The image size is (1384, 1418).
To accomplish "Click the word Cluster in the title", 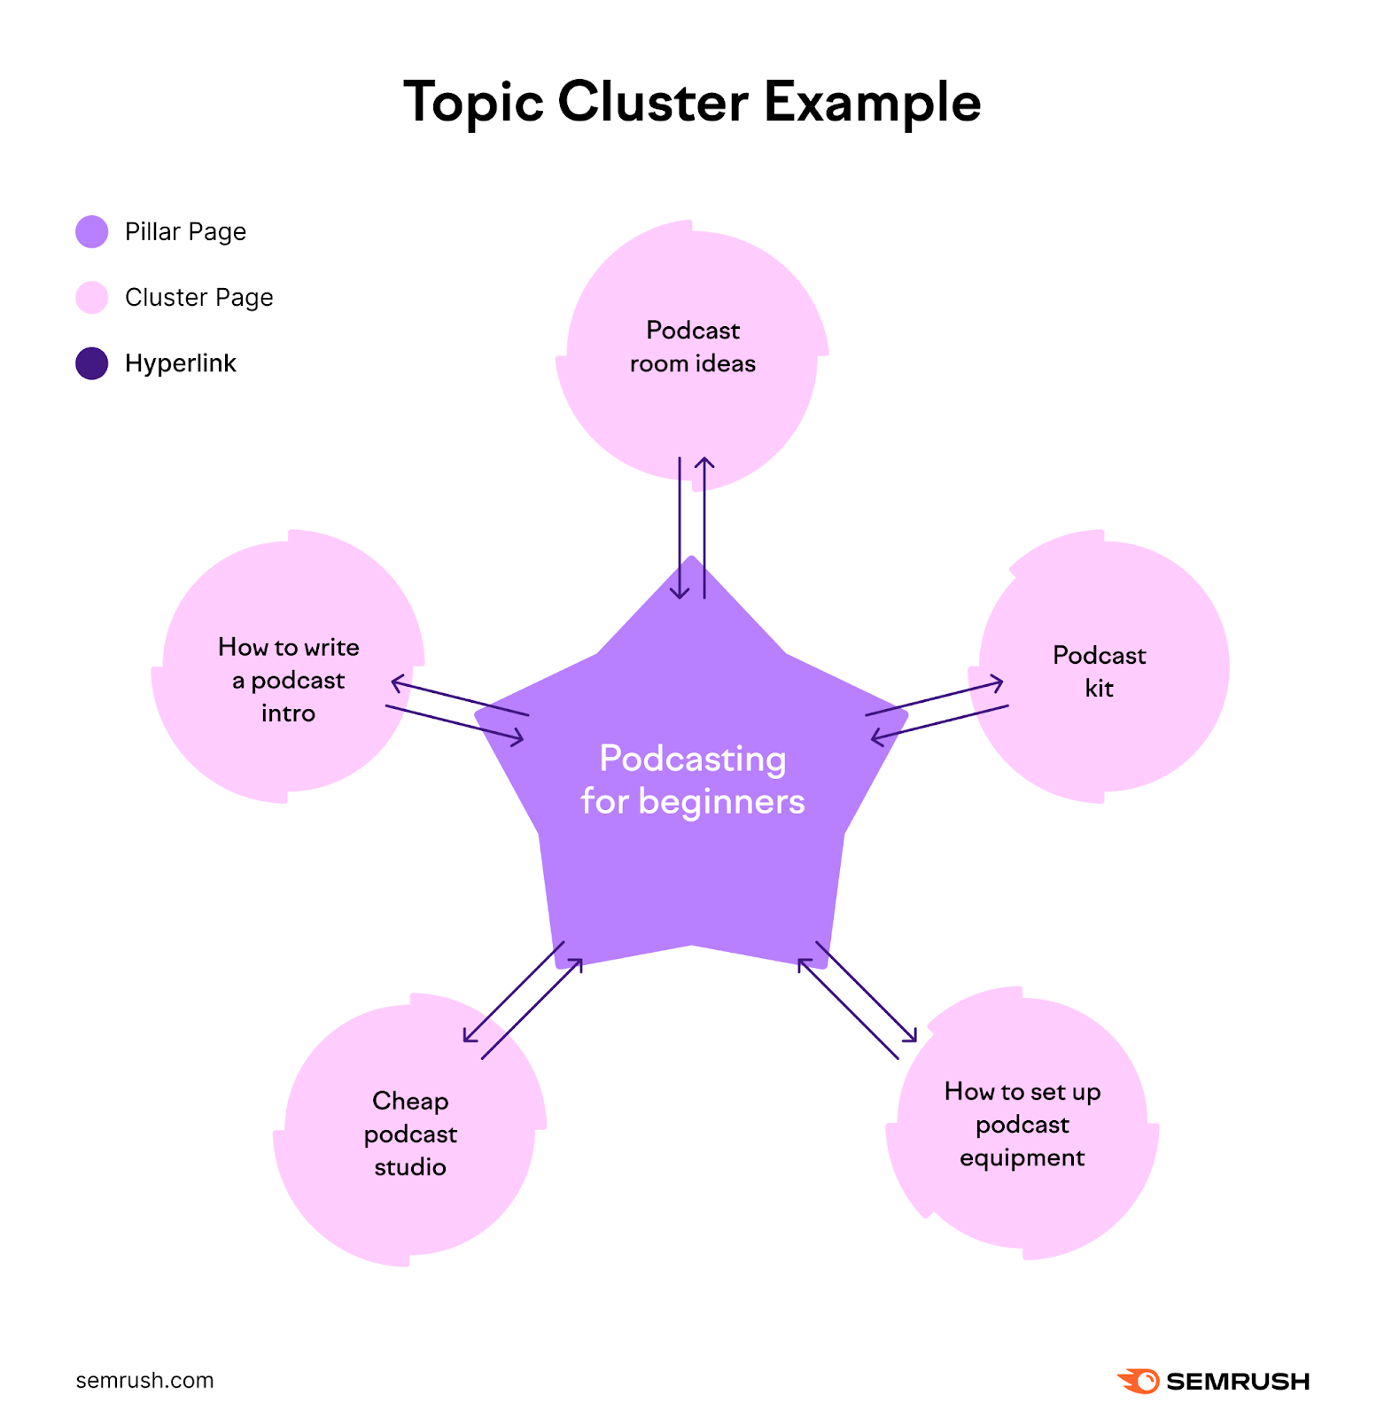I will point(652,102).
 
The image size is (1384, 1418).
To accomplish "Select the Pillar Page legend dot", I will point(91,231).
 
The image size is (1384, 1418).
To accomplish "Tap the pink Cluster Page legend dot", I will point(91,298).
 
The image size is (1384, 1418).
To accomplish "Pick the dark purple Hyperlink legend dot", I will point(91,363).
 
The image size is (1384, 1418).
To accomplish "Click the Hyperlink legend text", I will point(180,363).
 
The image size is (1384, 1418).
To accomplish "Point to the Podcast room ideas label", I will point(692,347).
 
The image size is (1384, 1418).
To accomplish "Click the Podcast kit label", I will point(1099,671).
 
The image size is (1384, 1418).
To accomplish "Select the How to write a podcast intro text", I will point(288,680).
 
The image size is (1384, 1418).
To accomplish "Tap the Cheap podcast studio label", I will point(410,1134).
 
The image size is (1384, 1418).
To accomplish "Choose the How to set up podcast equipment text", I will point(1022,1124).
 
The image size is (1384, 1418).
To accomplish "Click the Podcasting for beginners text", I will point(692,780).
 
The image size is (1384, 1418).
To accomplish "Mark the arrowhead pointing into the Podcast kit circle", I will point(999,682).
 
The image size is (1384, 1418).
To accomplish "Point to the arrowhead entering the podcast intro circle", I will point(397,682).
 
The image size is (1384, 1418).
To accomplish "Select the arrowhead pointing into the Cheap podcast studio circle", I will point(468,1037).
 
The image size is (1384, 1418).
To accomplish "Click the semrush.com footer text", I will point(144,1380).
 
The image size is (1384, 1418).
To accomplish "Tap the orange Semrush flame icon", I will point(1139,1380).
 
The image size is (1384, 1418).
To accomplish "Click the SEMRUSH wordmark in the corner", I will point(1237,1381).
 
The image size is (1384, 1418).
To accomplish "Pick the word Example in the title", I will point(872,102).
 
